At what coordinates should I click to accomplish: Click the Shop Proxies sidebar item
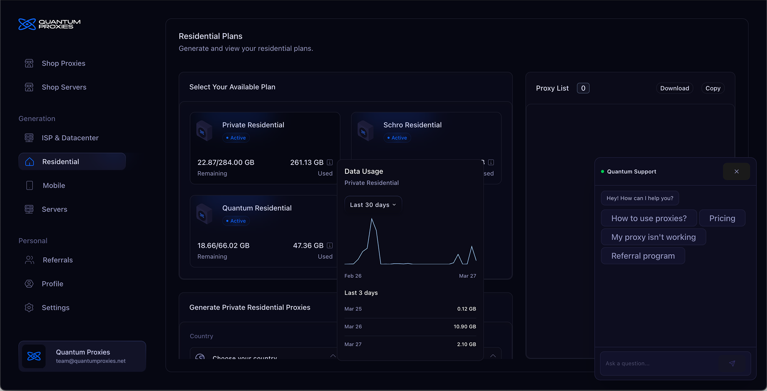pyautogui.click(x=63, y=63)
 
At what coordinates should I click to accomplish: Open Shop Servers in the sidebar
pyautogui.click(x=64, y=87)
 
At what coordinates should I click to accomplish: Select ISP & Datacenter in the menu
pyautogui.click(x=70, y=138)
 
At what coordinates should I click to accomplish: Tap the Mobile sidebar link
pyautogui.click(x=54, y=186)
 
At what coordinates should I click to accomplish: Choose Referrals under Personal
pyautogui.click(x=57, y=260)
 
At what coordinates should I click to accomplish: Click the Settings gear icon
pyautogui.click(x=29, y=308)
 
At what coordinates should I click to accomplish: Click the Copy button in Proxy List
pyautogui.click(x=713, y=88)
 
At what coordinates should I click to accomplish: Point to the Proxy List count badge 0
pyautogui.click(x=583, y=88)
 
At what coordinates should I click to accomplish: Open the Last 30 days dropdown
pyautogui.click(x=373, y=205)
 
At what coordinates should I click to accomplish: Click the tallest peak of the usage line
pyautogui.click(x=372, y=219)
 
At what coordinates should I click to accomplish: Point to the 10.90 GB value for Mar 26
pyautogui.click(x=465, y=327)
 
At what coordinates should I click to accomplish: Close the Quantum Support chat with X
pyautogui.click(x=736, y=172)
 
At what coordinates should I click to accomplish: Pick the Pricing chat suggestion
pyautogui.click(x=722, y=219)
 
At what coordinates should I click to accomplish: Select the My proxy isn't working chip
pyautogui.click(x=653, y=237)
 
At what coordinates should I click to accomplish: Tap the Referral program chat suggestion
pyautogui.click(x=643, y=256)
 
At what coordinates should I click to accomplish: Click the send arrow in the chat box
pyautogui.click(x=732, y=364)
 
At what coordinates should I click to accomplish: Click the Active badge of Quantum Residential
pyautogui.click(x=236, y=221)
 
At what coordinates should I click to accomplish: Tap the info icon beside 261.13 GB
pyautogui.click(x=330, y=163)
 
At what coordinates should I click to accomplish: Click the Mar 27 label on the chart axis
pyautogui.click(x=467, y=276)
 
